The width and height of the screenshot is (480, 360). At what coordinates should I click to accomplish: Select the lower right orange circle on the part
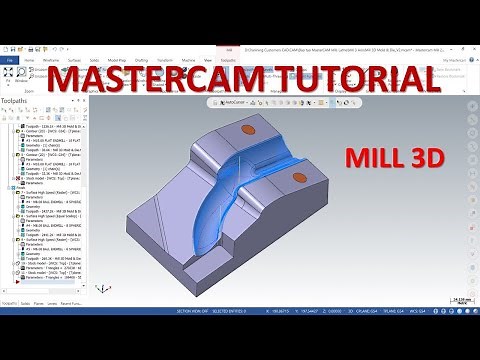[x=296, y=179]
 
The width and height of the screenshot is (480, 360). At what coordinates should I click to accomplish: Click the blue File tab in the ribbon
[x=9, y=60]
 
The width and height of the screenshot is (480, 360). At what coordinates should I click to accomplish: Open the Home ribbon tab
[x=27, y=60]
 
